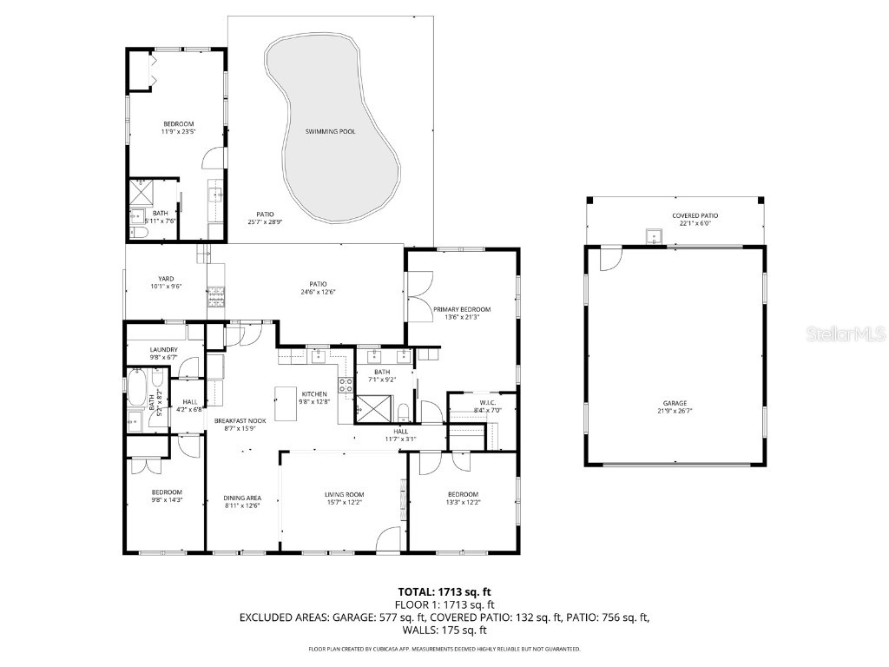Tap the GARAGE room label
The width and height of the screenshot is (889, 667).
coord(675,403)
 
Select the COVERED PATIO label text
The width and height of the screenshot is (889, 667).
coord(695,215)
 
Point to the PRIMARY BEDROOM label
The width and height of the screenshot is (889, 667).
coord(462,309)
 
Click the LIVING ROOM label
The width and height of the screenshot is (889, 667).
coord(344,493)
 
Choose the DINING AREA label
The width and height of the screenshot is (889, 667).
coord(242,498)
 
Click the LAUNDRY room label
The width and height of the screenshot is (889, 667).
coord(163,349)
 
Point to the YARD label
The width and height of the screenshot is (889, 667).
coord(166,279)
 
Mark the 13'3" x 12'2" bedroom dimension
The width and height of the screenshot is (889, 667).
coord(463,502)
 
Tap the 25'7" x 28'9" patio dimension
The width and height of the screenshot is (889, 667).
coord(265,222)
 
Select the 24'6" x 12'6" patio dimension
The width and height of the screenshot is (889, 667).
coord(318,292)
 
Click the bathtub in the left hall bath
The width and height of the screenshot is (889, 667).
coord(139,388)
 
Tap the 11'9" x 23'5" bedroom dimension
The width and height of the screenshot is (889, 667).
coord(178,132)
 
